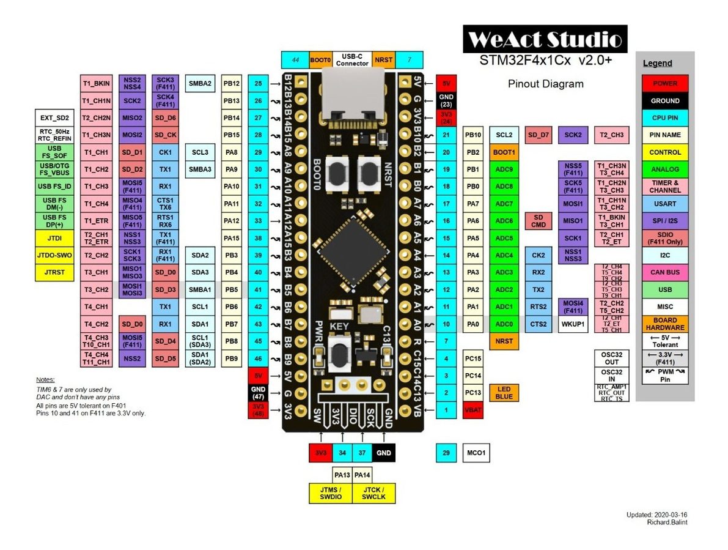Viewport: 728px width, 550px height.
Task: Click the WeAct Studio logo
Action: coord(545,40)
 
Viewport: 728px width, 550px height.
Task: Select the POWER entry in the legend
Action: coord(664,84)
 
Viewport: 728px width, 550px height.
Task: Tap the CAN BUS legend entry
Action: coord(664,272)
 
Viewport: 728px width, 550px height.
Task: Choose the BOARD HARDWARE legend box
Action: coord(664,324)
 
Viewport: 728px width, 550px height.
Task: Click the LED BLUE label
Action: coord(504,393)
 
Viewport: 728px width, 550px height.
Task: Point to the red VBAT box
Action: coord(473,410)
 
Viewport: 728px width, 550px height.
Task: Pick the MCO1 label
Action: coord(476,453)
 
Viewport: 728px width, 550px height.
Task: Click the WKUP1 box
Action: coord(573,324)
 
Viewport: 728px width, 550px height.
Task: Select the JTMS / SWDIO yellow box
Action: coord(330,492)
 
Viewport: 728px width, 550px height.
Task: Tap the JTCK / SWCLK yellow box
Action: coord(374,492)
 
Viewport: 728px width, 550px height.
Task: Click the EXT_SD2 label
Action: coord(55,118)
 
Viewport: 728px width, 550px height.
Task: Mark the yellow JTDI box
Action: coord(55,238)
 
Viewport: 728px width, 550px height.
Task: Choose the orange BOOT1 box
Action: coord(504,152)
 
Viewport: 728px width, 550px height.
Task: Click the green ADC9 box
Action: coord(504,169)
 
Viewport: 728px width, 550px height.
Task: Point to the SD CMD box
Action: coord(539,221)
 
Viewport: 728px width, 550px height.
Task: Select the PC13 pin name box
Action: coord(474,393)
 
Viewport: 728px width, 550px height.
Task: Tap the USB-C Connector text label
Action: coord(352,59)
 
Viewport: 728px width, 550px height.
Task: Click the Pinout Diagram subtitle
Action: coord(545,84)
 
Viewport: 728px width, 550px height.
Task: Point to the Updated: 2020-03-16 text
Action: coord(660,515)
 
